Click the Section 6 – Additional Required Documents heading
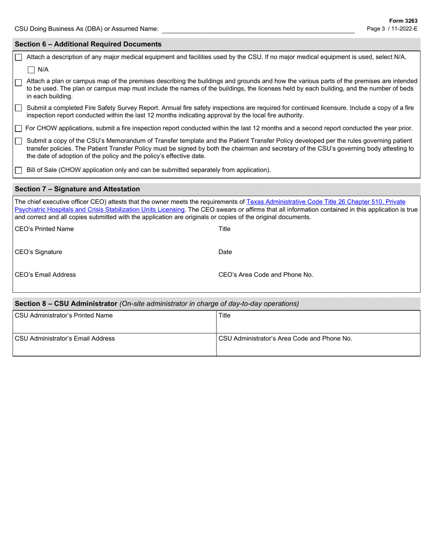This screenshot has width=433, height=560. (88, 44)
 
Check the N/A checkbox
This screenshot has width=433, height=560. (31, 70)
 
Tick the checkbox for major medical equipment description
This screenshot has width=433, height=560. (18, 57)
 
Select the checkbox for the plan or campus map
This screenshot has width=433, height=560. (18, 83)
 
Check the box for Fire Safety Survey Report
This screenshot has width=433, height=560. (18, 108)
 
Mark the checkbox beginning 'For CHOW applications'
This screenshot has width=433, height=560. (18, 128)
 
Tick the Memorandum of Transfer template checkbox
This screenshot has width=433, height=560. (18, 141)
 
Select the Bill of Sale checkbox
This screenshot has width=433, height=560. (18, 171)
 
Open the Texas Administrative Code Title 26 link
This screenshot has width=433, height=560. (325, 201)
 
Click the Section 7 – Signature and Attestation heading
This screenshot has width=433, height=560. (77, 189)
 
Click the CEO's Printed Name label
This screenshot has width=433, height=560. (44, 229)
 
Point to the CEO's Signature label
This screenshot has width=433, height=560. (39, 252)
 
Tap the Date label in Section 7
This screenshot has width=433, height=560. (225, 252)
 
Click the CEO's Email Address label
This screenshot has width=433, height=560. (46, 275)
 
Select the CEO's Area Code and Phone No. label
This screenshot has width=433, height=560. (266, 275)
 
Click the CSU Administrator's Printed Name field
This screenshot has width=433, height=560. (114, 325)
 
